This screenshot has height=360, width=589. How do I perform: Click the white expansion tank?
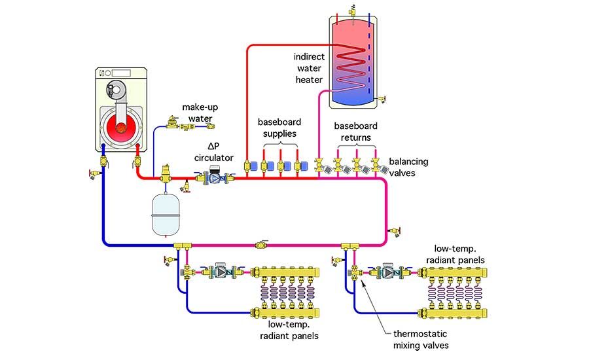(164, 213)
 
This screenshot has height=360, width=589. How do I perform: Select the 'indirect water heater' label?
(308, 68)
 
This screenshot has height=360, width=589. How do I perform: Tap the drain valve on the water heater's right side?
(382, 99)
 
